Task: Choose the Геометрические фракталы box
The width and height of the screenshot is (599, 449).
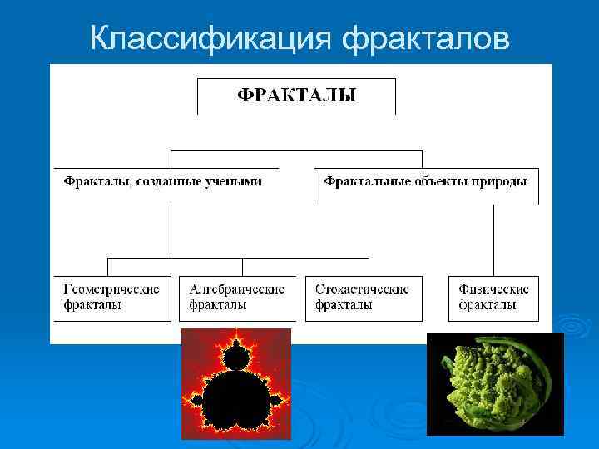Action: coord(111,298)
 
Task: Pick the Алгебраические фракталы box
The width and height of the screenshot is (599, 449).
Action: coord(237,298)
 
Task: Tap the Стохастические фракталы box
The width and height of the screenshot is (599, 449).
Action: coord(363,298)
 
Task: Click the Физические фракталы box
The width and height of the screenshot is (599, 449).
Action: coord(494,298)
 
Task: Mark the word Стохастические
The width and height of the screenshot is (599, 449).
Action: coord(363,289)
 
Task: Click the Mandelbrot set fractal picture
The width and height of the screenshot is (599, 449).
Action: coord(236,383)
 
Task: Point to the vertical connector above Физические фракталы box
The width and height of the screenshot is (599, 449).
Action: coord(493,239)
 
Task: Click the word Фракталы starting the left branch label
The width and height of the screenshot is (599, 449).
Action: coord(91,180)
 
